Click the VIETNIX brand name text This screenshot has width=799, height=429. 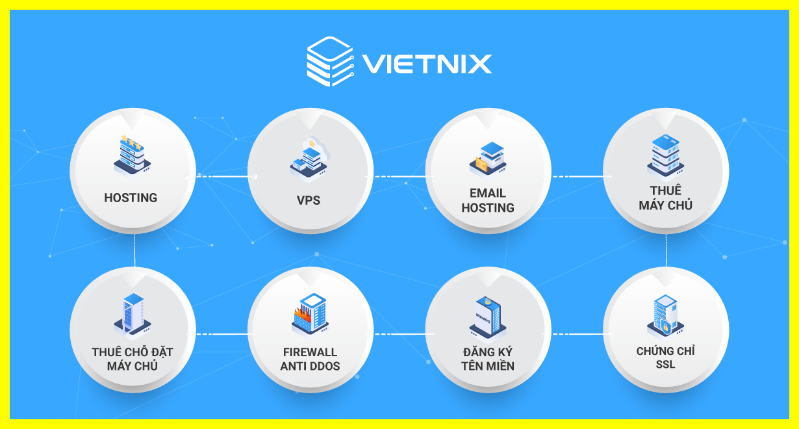pyautogui.click(x=426, y=64)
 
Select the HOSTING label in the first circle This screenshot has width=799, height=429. pyautogui.click(x=131, y=198)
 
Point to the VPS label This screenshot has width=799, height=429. pyautogui.click(x=309, y=200)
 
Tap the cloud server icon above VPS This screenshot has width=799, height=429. pyautogui.click(x=310, y=157)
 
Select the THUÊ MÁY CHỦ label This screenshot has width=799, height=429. pyautogui.click(x=665, y=198)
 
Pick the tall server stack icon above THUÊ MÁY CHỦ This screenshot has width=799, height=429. pyautogui.click(x=665, y=155)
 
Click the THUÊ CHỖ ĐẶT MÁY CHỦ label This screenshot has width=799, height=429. pyautogui.click(x=132, y=359)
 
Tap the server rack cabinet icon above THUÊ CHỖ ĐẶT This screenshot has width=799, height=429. pyautogui.click(x=133, y=314)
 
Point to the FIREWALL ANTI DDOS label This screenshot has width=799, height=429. pyautogui.click(x=310, y=359)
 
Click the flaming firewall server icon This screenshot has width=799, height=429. pyautogui.click(x=310, y=314)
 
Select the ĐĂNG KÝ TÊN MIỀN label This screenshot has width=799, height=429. pyautogui.click(x=488, y=359)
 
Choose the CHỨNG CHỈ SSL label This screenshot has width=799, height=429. pyautogui.click(x=665, y=357)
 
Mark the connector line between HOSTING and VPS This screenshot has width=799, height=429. pyautogui.click(x=221, y=176)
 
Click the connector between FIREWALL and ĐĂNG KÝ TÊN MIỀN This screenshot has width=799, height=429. pyautogui.click(x=399, y=334)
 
